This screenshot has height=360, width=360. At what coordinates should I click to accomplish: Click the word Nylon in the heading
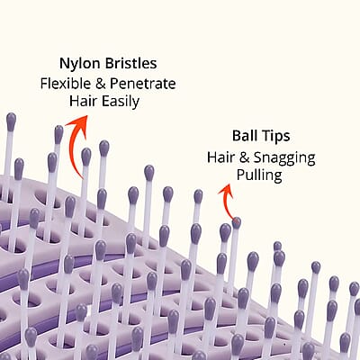click(80, 64)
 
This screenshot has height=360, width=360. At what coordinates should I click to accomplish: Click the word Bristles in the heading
click(130, 63)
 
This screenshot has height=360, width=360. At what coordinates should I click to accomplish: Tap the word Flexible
click(66, 83)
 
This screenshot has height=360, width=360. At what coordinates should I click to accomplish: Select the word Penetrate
click(143, 84)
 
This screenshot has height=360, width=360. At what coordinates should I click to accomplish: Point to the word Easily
click(121, 102)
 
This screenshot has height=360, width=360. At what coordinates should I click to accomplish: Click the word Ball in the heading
click(243, 136)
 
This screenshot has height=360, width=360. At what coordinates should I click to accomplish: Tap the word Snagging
click(284, 158)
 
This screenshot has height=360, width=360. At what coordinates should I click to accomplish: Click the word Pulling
click(259, 175)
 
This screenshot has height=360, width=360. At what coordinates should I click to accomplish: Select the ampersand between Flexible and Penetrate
click(101, 84)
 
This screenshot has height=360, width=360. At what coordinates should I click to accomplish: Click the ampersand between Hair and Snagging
click(245, 157)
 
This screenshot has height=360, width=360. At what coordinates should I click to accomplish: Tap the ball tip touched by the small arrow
click(237, 223)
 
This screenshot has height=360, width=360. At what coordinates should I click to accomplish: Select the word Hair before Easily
click(83, 101)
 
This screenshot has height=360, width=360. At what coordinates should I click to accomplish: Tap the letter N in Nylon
click(65, 64)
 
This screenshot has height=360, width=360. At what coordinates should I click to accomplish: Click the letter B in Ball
click(237, 136)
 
